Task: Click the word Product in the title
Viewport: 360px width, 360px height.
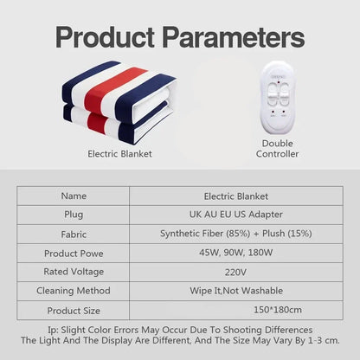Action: point(113,37)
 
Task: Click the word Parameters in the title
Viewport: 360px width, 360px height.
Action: point(238,37)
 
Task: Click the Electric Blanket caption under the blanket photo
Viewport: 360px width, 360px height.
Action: point(119,154)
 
